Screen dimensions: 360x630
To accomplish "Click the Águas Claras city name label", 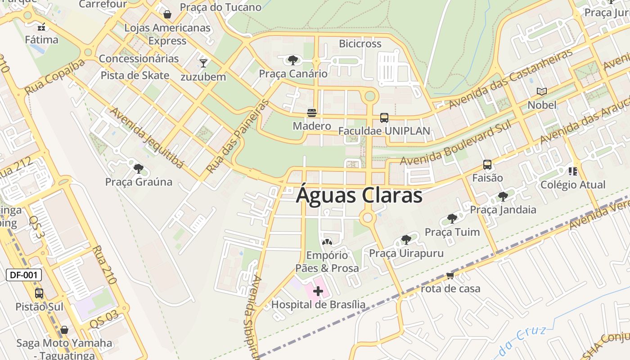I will tap(359, 196).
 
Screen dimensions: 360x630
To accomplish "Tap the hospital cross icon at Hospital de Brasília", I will tap(318, 291).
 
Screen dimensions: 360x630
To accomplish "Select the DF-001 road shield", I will tap(24, 275).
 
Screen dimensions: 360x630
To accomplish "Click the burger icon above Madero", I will tap(312, 112).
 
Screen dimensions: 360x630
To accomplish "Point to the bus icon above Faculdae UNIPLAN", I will tap(384, 118).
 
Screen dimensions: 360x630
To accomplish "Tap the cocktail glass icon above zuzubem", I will tap(203, 63).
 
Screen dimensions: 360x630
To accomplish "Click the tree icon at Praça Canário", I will tap(293, 60).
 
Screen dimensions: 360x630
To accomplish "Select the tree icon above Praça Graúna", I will tap(139, 169).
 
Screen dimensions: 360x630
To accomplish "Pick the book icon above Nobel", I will tap(542, 92).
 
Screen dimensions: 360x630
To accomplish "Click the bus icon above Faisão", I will tap(487, 165).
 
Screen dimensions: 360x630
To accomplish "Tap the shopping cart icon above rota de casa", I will tap(450, 275).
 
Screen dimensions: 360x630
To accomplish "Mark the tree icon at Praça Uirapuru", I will tap(406, 239).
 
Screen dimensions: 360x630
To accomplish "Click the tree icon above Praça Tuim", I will tap(452, 219).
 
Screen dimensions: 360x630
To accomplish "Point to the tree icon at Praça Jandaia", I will tap(503, 196).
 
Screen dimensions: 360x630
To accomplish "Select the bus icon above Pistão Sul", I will tap(39, 293).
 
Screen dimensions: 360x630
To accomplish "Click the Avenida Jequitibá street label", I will tap(147, 138).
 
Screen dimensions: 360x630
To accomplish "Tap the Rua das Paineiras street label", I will tap(238, 136).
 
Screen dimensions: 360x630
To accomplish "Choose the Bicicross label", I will tap(360, 44).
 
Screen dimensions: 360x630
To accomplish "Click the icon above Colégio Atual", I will tap(573, 171).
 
